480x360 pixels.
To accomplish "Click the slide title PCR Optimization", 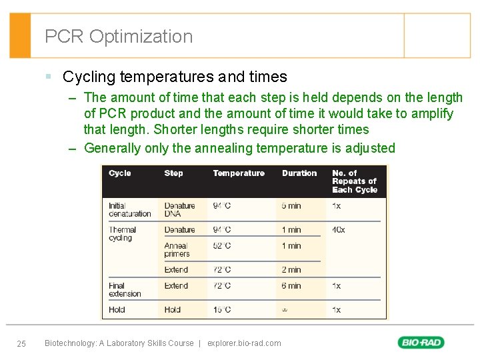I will (x=119, y=36).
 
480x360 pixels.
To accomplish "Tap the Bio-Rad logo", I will (x=421, y=343).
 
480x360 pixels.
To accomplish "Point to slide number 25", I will (x=21, y=343).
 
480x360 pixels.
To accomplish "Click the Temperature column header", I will (x=239, y=173).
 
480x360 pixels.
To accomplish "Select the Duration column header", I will (x=299, y=173).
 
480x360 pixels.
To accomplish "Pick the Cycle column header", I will (x=120, y=173).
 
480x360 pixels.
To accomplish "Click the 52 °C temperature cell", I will (x=222, y=246).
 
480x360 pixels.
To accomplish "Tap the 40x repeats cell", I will (x=339, y=230).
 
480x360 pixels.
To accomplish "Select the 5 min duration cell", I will (x=291, y=206).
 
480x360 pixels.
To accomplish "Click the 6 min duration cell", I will (x=291, y=286).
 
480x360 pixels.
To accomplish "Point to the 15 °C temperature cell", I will (x=222, y=310).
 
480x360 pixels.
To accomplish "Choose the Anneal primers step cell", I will (x=177, y=250).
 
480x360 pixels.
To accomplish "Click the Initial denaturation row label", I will (x=129, y=210).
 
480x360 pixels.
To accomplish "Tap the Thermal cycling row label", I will (x=123, y=234).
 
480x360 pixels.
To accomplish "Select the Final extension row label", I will (x=125, y=290).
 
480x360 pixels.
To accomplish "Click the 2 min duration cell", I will (x=291, y=270).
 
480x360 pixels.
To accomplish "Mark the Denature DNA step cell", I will (x=179, y=210).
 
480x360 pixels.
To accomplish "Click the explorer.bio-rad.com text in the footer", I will (x=244, y=343).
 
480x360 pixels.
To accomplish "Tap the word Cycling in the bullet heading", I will (x=91, y=77).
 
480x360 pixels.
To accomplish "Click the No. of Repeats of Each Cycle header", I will (x=354, y=181).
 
